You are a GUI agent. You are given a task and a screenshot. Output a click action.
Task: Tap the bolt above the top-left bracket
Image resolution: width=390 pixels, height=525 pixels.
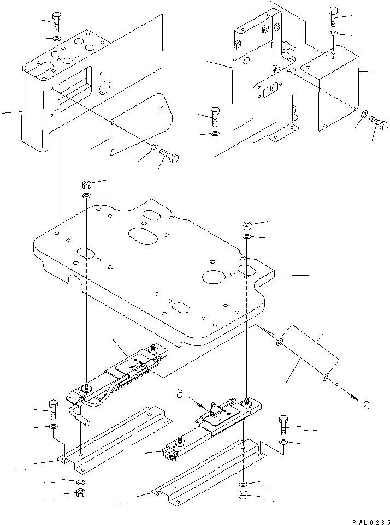[x=57, y=22]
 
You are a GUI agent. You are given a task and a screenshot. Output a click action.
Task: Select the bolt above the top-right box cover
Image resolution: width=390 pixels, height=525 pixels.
[x=333, y=17]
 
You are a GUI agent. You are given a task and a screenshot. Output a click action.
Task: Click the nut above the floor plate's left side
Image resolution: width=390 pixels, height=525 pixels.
[x=87, y=183]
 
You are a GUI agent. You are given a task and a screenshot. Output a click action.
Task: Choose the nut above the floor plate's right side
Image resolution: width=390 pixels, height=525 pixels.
[x=246, y=225]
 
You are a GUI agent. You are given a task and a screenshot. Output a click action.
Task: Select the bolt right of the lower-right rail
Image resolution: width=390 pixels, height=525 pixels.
[x=283, y=425]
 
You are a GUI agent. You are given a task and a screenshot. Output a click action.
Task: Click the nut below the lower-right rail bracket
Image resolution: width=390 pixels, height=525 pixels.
[x=243, y=496]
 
